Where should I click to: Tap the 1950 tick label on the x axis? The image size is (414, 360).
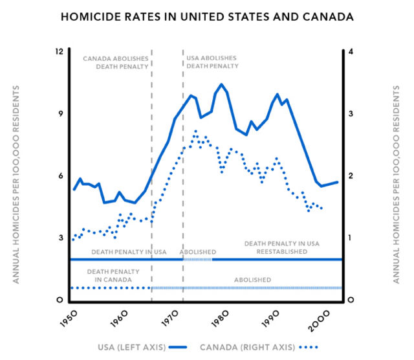69,319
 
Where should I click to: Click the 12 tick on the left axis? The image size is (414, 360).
60,51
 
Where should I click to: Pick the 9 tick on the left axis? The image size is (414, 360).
60,114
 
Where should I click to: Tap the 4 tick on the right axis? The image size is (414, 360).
350,51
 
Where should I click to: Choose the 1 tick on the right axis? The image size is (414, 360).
350,238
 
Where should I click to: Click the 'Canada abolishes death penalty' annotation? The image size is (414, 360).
116,62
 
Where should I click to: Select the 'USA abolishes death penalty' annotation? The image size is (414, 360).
212,62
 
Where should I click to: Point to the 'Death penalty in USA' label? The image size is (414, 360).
129,251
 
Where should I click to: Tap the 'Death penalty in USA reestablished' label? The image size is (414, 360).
282,247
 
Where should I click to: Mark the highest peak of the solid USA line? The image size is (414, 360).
221,84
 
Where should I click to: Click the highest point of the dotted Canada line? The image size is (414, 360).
195,131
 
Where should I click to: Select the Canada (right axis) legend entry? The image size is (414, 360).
256,347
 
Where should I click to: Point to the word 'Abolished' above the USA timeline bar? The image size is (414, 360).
198,251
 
